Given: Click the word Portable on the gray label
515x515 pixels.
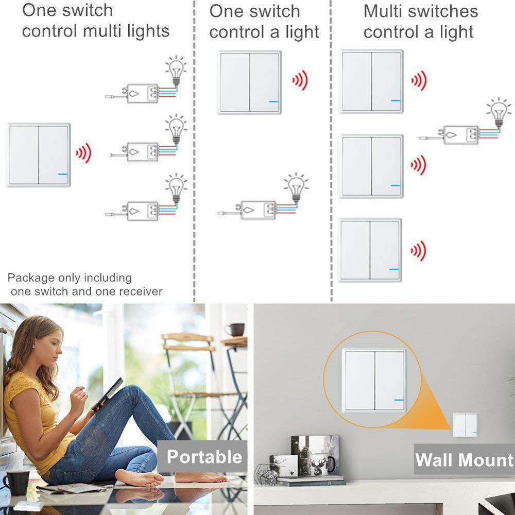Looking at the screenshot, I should click(x=204, y=457).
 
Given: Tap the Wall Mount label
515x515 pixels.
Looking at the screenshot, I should click(x=464, y=459).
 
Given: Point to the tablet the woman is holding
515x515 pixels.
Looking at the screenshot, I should click(x=107, y=394).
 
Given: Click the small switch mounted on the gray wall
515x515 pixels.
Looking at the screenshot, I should click(x=465, y=425).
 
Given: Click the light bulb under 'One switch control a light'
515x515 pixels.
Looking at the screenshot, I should click(x=296, y=187).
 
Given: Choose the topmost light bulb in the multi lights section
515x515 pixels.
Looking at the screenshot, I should click(x=176, y=70).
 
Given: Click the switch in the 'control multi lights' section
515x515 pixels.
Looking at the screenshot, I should click(x=39, y=155).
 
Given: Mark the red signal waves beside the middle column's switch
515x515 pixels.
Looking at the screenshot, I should click(x=299, y=81).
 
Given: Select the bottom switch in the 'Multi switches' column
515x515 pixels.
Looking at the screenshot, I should click(x=370, y=250).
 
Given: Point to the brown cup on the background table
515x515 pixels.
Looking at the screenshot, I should click(x=236, y=329).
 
